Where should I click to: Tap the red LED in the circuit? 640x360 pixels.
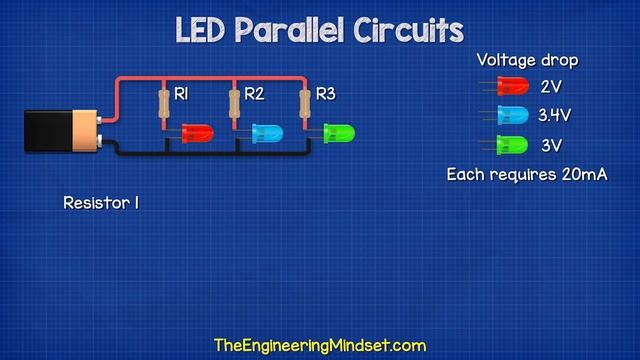[196, 132]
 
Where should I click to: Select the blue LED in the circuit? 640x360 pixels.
[267, 132]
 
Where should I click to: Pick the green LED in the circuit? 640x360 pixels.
[338, 132]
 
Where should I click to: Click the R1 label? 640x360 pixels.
[182, 94]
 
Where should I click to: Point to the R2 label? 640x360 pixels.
[254, 94]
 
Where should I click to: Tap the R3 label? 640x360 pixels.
[326, 94]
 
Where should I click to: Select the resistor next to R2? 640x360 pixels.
[234, 103]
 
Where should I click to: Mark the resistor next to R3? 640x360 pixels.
[305, 103]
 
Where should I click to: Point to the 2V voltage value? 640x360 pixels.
[551, 87]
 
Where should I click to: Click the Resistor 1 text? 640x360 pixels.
[100, 202]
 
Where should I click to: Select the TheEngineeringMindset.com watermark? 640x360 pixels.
[320, 346]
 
